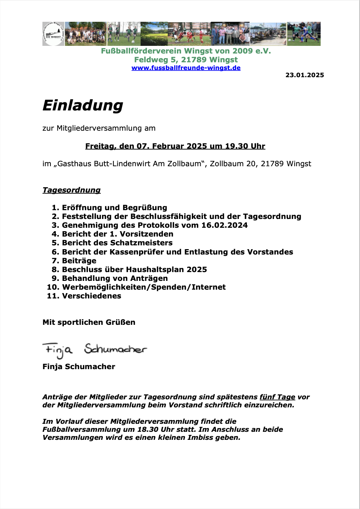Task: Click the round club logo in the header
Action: tap(53, 34)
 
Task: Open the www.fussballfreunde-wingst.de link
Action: tap(186, 68)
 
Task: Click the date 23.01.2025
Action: tap(305, 75)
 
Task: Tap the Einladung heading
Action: tap(83, 105)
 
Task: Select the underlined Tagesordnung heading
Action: tap(71, 190)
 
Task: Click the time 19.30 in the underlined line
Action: tap(237, 146)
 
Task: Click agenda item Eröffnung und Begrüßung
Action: tap(114, 208)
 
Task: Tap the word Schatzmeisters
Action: tap(141, 243)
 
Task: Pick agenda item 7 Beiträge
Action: tap(79, 261)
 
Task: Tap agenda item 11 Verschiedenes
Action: tap(91, 296)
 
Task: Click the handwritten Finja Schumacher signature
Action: tap(94, 350)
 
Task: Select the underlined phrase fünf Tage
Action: tap(277, 397)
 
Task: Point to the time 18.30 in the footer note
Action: tap(148, 430)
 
